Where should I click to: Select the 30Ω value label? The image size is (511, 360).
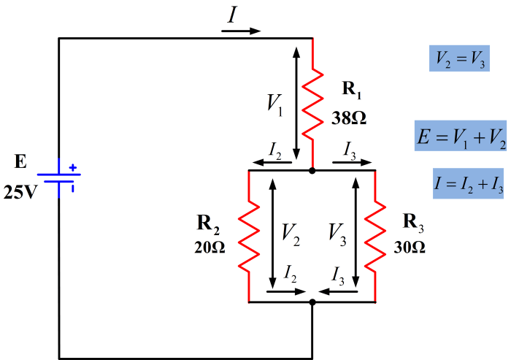pyautogui.click(x=408, y=247)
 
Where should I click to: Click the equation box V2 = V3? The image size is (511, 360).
pyautogui.click(x=459, y=58)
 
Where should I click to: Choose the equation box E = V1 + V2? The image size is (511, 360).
pyautogui.click(x=460, y=136)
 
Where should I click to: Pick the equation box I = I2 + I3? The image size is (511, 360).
pyautogui.click(x=468, y=185)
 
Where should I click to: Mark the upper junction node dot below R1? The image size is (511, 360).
pyautogui.click(x=312, y=170)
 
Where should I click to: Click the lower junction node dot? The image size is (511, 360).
pyautogui.click(x=312, y=301)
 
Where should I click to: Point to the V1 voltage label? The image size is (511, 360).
pyautogui.click(x=275, y=104)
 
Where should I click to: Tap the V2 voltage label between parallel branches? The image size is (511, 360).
pyautogui.click(x=291, y=233)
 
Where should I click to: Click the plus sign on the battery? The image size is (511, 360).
pyautogui.click(x=72, y=167)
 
